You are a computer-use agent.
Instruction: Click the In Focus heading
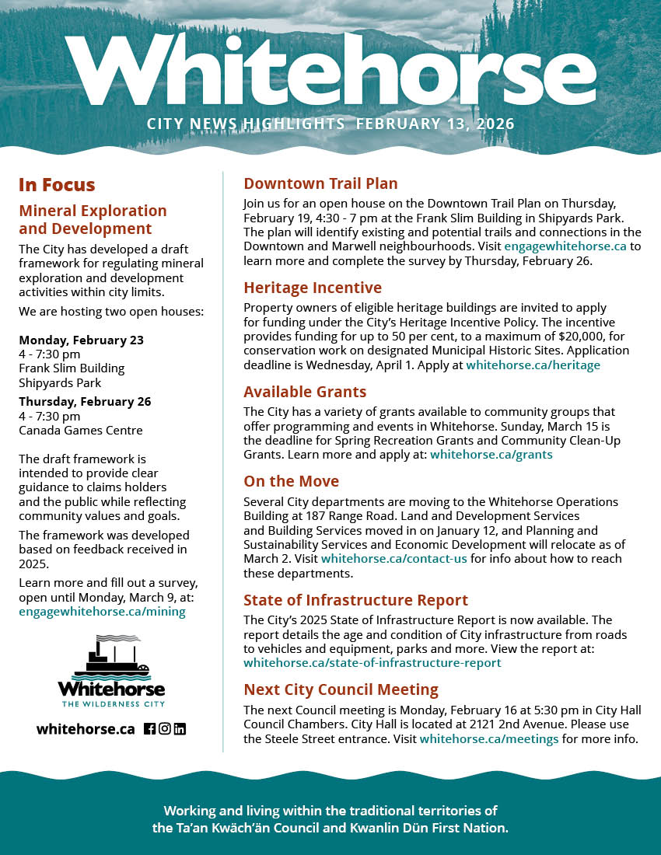click(x=57, y=185)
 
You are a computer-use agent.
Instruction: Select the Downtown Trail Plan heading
click(x=320, y=184)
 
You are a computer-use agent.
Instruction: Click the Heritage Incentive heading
click(x=313, y=288)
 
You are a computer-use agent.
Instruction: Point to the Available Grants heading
click(x=305, y=392)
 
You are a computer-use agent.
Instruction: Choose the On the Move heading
click(x=292, y=481)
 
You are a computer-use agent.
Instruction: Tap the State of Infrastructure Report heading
click(x=355, y=600)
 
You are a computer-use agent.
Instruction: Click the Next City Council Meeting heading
click(x=341, y=689)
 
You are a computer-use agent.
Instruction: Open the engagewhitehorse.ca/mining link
click(x=103, y=612)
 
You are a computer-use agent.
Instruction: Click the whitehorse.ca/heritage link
click(x=533, y=365)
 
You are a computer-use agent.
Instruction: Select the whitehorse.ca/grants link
click(x=491, y=455)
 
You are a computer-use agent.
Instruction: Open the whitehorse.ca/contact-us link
click(x=394, y=559)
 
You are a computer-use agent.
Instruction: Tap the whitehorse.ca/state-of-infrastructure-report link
click(x=372, y=663)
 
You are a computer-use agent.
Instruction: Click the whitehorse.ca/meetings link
click(x=489, y=738)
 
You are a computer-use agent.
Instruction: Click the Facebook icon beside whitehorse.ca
click(x=150, y=729)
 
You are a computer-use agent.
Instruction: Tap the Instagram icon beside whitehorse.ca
click(x=165, y=729)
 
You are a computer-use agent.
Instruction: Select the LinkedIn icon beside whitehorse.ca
click(x=180, y=729)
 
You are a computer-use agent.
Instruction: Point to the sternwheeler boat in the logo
click(x=110, y=658)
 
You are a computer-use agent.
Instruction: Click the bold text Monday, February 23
click(x=81, y=340)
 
